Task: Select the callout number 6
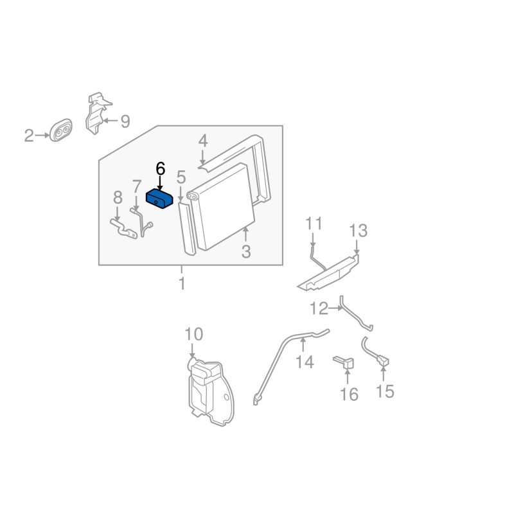(160, 169)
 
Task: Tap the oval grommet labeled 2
(60, 130)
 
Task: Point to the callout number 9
(125, 121)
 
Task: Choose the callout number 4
(203, 141)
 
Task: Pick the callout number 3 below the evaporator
(246, 252)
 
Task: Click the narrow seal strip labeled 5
(187, 229)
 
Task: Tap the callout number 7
(137, 186)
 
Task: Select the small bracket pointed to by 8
(123, 229)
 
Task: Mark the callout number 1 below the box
(182, 283)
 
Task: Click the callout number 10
(194, 334)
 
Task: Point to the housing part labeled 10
(211, 393)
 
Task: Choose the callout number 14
(305, 362)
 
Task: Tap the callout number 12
(319, 309)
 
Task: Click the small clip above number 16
(345, 362)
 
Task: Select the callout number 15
(385, 391)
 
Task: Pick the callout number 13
(359, 231)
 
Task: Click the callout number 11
(314, 224)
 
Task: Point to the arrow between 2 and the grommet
(42, 136)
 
